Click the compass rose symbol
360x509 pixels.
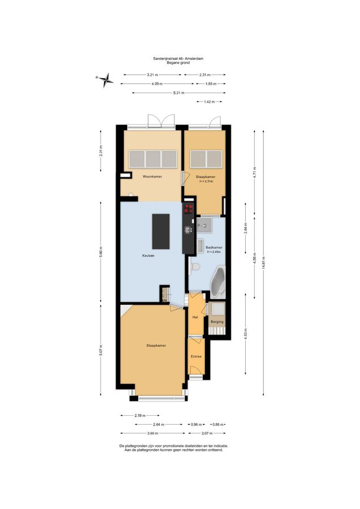[x=105, y=80]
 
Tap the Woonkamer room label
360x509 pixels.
[x=152, y=176]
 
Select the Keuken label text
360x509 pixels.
[x=148, y=256]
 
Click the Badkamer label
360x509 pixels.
[x=214, y=247]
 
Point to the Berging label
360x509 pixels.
[x=217, y=322]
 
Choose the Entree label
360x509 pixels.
[x=196, y=356]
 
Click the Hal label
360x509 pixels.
[x=195, y=317]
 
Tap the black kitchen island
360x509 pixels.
[x=161, y=231]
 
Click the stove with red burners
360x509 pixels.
[x=188, y=208]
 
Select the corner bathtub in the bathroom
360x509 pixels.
[x=218, y=282]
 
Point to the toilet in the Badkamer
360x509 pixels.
[x=194, y=267]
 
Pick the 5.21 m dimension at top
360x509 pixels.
[x=179, y=93]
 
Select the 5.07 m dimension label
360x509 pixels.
[x=101, y=350]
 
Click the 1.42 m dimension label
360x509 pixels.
[x=209, y=102]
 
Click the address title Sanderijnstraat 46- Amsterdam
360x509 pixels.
[x=178, y=58]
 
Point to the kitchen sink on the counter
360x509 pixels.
[x=188, y=230]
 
